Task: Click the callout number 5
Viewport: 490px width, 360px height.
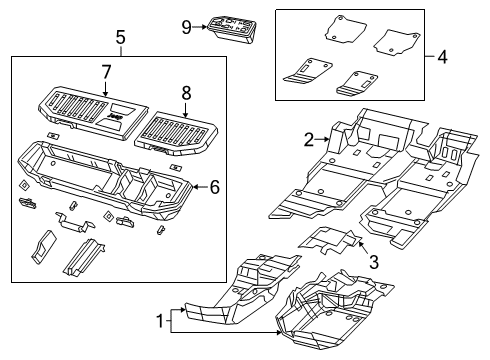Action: (x=120, y=37)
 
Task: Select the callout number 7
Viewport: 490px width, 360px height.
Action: (x=105, y=72)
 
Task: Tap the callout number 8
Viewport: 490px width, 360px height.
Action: (x=186, y=93)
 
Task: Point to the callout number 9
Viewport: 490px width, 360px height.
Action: (x=186, y=27)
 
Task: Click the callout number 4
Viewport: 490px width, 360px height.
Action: (x=442, y=57)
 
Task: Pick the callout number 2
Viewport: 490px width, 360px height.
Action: (x=309, y=140)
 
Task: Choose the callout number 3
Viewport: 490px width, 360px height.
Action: (x=374, y=262)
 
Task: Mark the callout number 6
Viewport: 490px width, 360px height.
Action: (x=215, y=187)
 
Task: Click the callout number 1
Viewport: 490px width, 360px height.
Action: (x=160, y=321)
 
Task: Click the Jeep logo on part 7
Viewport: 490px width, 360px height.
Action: (x=115, y=116)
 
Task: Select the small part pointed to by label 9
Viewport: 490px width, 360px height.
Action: (x=232, y=29)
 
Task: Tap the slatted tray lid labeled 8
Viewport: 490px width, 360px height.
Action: (x=176, y=134)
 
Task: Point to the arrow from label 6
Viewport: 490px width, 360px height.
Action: (x=201, y=187)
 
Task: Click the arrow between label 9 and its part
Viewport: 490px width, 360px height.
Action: (x=200, y=27)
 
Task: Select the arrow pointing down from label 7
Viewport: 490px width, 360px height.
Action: (x=105, y=89)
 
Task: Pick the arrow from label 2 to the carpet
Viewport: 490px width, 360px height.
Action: (x=322, y=140)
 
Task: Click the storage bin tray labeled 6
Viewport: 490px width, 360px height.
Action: (x=105, y=181)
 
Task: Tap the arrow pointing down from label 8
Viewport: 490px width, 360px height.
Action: (x=186, y=110)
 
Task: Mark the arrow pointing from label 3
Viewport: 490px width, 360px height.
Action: (x=363, y=248)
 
